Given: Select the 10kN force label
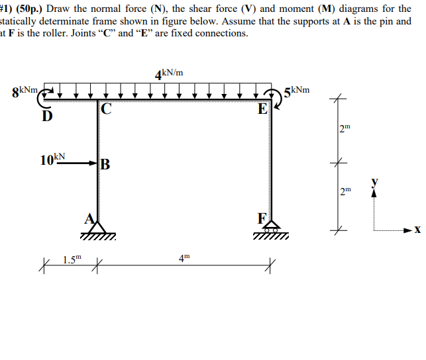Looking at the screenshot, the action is click(52, 159).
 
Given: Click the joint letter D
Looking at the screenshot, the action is click(46, 117).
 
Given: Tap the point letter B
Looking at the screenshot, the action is click(105, 165).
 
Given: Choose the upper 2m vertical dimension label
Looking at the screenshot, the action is click(343, 128).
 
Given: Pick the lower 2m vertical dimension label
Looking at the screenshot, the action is click(343, 192).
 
